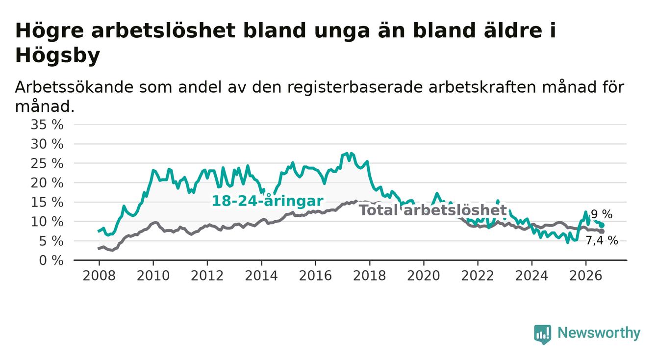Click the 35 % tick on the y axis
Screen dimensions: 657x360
point(47,125)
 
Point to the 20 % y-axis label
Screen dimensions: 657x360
point(47,183)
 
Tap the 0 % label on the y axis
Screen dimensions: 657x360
point(51,260)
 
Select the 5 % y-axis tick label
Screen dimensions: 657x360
point(51,241)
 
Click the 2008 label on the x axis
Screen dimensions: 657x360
point(99,276)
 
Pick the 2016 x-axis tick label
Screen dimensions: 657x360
point(315,276)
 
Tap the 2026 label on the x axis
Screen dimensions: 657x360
point(586,276)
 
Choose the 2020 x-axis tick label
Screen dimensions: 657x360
point(424,276)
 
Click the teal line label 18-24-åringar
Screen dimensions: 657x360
point(268,201)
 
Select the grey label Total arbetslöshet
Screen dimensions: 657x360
point(433,210)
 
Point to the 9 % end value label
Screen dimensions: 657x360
point(602,214)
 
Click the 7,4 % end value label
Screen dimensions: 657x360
point(602,241)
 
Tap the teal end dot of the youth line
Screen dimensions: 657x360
point(602,225)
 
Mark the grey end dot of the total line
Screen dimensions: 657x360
point(602,231)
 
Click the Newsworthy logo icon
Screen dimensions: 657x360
point(543,334)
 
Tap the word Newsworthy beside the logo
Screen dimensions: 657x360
point(599,334)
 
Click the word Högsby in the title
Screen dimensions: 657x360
point(57,55)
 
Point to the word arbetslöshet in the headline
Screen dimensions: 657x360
point(163,30)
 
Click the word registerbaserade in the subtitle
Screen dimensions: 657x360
point(354,87)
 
